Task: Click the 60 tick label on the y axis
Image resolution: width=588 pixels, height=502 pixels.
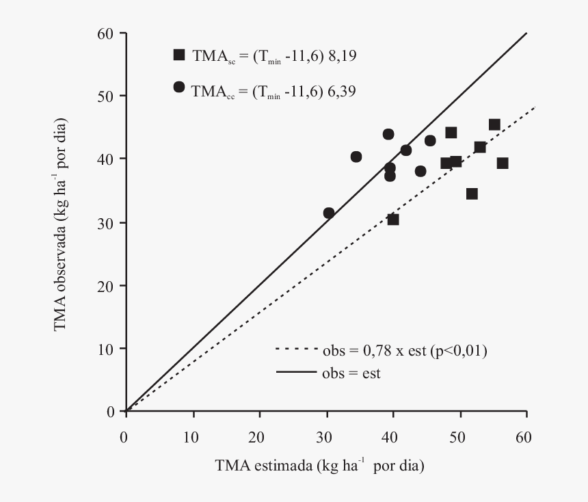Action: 106,33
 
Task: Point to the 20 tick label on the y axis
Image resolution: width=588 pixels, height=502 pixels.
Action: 106,285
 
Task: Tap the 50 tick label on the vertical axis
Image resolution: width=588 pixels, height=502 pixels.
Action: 106,96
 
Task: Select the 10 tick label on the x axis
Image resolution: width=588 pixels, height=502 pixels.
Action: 193,436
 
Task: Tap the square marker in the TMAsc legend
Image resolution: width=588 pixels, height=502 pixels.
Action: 179,55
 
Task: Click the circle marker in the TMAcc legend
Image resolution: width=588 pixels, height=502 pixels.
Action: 179,87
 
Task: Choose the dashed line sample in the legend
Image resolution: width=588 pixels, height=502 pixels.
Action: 295,349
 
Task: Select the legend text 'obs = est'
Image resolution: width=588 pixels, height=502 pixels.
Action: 351,373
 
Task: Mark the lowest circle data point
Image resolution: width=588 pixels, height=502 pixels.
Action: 329,213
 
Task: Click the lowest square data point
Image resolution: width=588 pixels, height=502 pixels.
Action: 393,220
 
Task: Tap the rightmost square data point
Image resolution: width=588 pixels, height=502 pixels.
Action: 503,163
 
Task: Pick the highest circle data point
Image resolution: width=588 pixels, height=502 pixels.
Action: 388,134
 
